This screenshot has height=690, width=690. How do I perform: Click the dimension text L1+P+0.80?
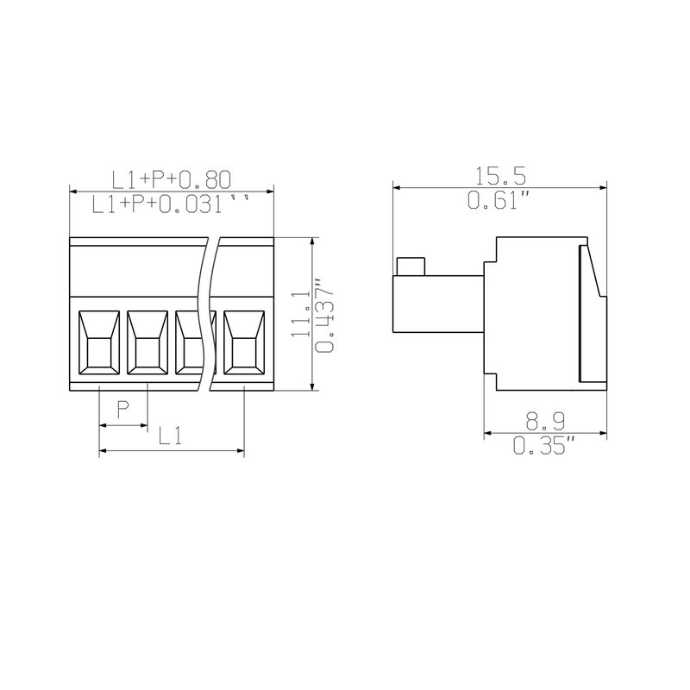point(172,179)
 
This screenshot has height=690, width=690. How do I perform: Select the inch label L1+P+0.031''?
point(171,204)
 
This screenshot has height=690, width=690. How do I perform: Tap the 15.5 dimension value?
point(500,176)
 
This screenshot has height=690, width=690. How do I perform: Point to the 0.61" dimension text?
point(498,200)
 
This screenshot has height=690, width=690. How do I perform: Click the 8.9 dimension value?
point(546,422)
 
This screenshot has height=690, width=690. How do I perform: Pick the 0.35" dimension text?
point(544,445)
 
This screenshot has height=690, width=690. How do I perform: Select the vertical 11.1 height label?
point(301,315)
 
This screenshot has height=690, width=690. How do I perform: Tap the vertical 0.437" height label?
point(325,315)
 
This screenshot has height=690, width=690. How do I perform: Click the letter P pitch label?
point(123,411)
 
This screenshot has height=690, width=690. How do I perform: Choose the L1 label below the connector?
point(170,436)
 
